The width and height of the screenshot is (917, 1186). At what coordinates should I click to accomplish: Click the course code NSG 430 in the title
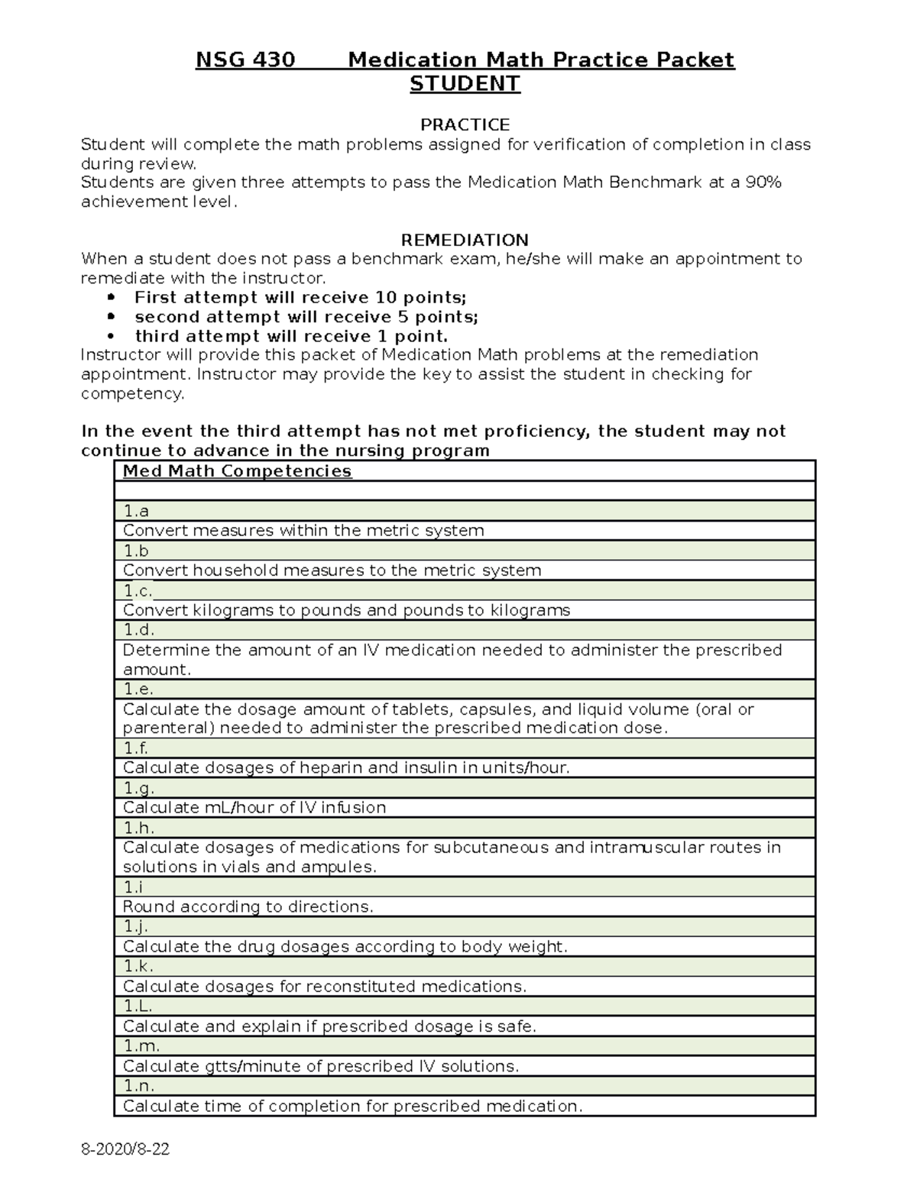[245, 60]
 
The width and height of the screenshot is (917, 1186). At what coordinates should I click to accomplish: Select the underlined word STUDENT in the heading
[465, 83]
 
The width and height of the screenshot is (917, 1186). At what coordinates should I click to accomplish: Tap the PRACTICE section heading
[465, 124]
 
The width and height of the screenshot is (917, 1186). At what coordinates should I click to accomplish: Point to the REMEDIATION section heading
[465, 240]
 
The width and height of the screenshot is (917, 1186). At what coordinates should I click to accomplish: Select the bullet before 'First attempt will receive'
[112, 297]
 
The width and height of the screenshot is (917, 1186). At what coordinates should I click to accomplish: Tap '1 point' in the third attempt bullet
[419, 337]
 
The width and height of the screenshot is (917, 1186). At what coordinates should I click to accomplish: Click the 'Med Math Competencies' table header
[237, 471]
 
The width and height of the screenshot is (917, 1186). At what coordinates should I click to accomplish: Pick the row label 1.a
[136, 511]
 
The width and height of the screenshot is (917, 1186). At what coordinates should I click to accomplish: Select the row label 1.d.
[138, 630]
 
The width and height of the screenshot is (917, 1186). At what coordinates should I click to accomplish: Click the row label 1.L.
[138, 1007]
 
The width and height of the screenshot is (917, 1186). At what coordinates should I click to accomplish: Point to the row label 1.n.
[139, 1086]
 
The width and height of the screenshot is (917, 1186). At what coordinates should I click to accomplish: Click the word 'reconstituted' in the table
[361, 987]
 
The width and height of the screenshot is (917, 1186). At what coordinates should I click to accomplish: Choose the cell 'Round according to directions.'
[248, 907]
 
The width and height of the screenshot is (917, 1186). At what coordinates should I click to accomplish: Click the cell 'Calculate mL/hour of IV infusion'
[254, 808]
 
